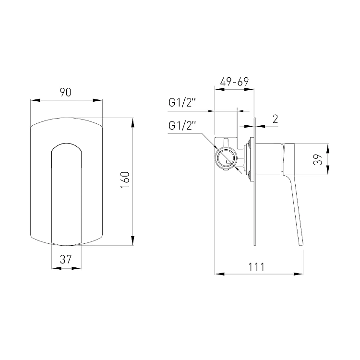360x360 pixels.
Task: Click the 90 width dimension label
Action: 65,92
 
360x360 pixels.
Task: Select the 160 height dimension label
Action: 125,180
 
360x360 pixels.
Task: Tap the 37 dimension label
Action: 66,259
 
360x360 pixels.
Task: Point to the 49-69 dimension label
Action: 234,82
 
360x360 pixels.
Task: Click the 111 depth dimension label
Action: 256,267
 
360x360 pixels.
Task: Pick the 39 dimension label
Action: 318,159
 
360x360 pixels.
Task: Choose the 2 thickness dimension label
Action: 275,119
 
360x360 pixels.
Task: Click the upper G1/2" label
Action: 182,102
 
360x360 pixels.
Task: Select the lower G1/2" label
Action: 182,125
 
